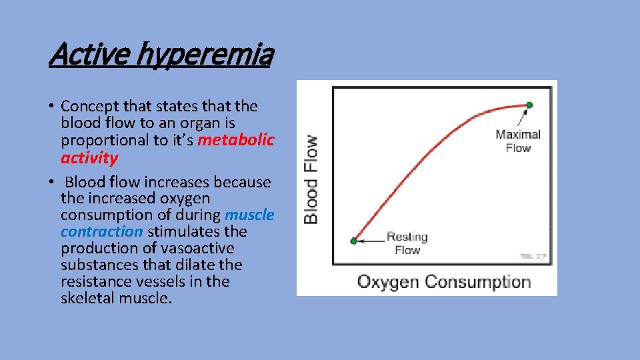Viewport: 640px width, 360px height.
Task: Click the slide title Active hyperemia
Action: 161,55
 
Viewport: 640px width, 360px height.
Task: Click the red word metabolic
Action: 236,140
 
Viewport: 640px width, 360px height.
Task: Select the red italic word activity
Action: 89,158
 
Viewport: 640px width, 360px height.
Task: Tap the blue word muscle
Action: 249,215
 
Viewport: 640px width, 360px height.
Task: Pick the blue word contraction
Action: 101,231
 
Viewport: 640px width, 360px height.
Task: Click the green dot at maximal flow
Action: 529,105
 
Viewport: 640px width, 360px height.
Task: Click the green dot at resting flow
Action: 354,241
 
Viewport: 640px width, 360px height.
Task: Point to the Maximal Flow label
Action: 517,141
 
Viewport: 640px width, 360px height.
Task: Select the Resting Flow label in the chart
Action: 407,243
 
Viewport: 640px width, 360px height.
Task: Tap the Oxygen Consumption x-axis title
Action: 444,281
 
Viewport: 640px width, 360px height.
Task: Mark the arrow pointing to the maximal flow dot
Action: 523,117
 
